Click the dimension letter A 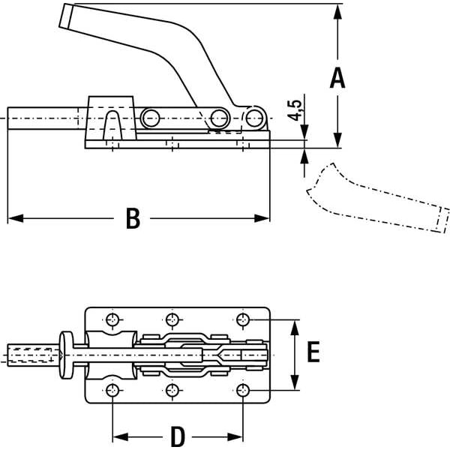click(x=337, y=77)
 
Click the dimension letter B click(x=133, y=218)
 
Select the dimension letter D click(x=177, y=436)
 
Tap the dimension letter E click(x=313, y=352)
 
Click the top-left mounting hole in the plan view click(x=112, y=320)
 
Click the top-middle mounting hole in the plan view click(x=173, y=320)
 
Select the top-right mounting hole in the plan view click(x=242, y=320)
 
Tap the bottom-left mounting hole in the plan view click(x=112, y=390)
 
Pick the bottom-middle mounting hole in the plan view click(x=173, y=390)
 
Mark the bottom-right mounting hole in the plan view click(x=242, y=390)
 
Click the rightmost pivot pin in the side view click(x=256, y=117)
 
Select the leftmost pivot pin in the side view click(x=151, y=118)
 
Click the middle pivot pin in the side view click(x=219, y=117)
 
